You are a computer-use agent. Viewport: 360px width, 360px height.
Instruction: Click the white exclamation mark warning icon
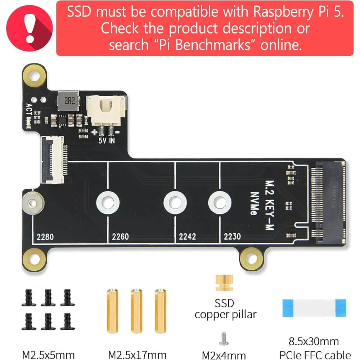tap(30, 28)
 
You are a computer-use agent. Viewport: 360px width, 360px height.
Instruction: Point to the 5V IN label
tap(107, 140)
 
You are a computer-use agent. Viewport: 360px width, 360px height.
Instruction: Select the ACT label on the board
tap(29, 109)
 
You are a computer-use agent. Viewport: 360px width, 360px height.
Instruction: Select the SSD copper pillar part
tap(224, 283)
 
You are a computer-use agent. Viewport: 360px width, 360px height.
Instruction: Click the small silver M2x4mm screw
tap(224, 339)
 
